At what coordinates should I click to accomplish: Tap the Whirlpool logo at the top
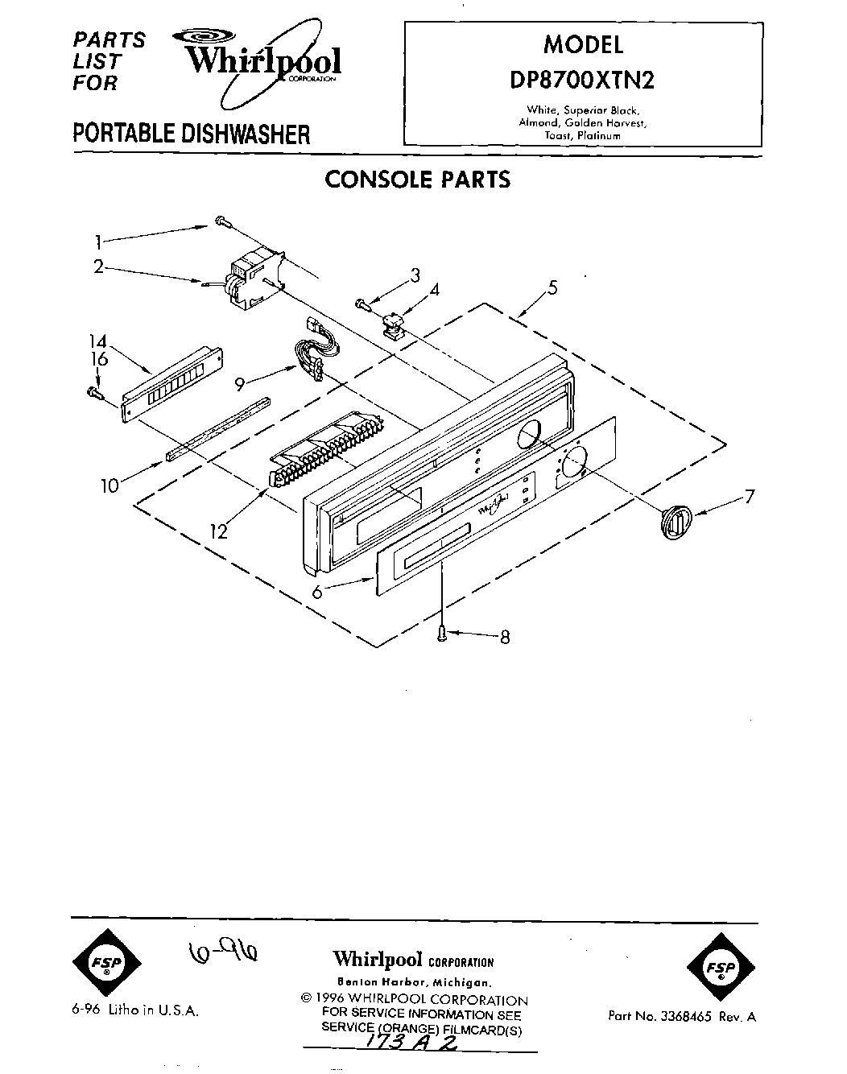tap(264, 61)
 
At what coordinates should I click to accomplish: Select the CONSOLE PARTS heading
tap(417, 179)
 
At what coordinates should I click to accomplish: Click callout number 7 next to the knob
tap(750, 497)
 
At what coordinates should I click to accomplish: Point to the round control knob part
tap(676, 519)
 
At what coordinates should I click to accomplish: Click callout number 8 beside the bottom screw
tap(505, 638)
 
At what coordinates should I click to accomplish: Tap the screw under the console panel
tap(442, 634)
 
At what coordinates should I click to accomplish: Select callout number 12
tap(218, 531)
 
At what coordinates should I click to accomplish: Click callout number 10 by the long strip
tap(109, 485)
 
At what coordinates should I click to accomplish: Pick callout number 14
tap(97, 341)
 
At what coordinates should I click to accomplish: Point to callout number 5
tap(552, 287)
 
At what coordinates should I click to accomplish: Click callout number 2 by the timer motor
tap(97, 266)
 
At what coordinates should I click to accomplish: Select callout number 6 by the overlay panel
tap(316, 592)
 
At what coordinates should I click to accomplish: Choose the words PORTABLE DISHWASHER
tap(191, 133)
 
